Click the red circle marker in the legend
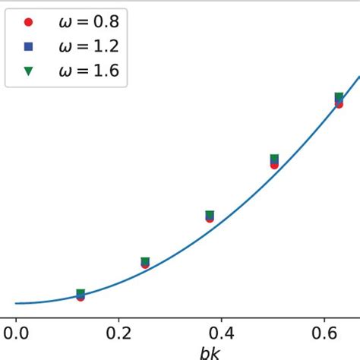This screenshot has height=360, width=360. coord(29,21)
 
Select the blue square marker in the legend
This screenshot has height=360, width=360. coord(29,46)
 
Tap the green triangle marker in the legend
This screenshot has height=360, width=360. coord(29,71)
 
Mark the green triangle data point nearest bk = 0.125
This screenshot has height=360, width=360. coord(81,292)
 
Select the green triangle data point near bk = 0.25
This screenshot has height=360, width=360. coord(145,261)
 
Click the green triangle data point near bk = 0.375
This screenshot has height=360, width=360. coord(210,214)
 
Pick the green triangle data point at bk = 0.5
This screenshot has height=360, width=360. coord(274,158)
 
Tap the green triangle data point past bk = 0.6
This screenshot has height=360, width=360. coord(339,96)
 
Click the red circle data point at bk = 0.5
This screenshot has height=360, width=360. coord(274,165)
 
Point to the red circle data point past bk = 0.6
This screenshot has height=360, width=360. coord(339,104)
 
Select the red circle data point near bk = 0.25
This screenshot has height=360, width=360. coord(145,265)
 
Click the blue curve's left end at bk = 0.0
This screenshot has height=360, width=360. coord(16,304)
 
